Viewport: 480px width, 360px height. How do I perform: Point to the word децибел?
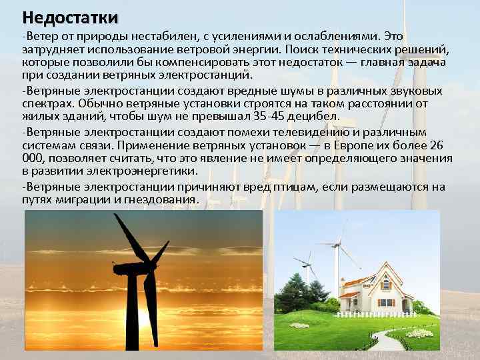coord(303,119)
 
